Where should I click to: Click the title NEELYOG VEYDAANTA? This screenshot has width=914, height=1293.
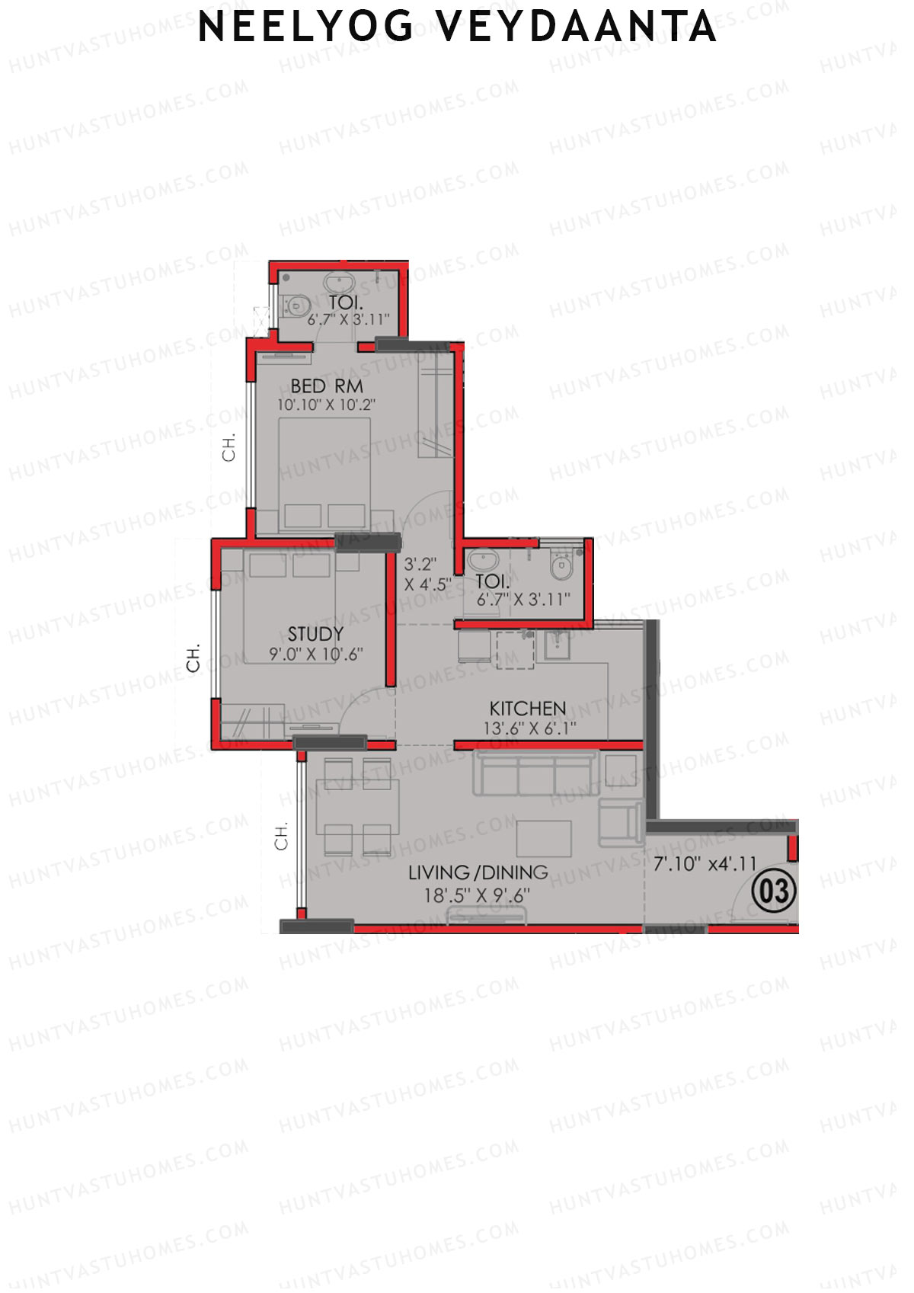(x=457, y=27)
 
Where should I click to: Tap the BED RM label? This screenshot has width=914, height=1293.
(x=327, y=386)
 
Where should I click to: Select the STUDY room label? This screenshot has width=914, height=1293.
(x=315, y=634)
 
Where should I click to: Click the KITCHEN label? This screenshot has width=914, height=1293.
(x=527, y=708)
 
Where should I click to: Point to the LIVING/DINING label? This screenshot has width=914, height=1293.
(x=478, y=872)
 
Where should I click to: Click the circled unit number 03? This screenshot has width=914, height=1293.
(x=774, y=891)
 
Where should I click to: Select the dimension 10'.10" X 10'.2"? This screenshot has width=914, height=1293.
(x=326, y=405)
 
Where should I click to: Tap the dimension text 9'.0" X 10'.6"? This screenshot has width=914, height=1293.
(x=315, y=654)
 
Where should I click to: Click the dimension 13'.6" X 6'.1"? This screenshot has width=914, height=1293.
(x=529, y=728)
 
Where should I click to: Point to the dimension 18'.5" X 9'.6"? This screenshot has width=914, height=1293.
(x=477, y=896)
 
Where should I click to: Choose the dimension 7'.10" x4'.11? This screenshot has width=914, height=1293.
(x=705, y=864)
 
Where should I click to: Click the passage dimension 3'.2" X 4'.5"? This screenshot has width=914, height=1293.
(x=427, y=574)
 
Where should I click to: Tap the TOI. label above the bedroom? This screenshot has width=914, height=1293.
(x=346, y=303)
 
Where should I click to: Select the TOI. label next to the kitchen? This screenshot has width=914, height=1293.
(x=492, y=582)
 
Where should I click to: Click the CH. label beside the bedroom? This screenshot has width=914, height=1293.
(x=228, y=447)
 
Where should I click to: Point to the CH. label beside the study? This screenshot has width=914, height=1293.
(x=193, y=658)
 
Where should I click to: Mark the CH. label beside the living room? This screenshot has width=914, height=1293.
(x=282, y=836)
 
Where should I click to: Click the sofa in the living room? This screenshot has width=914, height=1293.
(x=533, y=773)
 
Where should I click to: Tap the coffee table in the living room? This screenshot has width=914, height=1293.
(x=544, y=838)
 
